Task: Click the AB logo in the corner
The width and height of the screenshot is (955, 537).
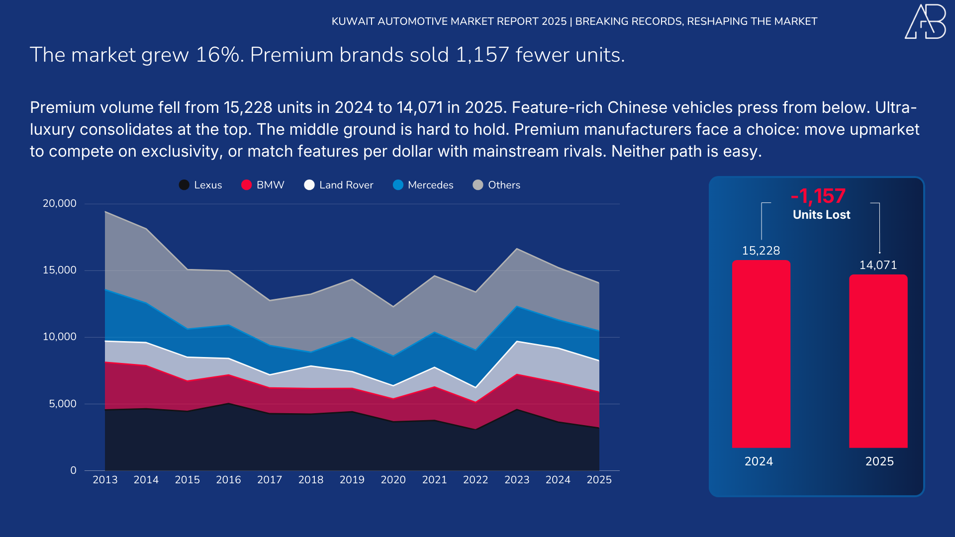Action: click(x=925, y=21)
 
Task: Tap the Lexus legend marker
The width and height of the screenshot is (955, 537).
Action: click(x=184, y=185)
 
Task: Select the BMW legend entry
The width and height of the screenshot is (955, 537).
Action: click(x=263, y=185)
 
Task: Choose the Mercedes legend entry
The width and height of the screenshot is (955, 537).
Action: click(x=423, y=185)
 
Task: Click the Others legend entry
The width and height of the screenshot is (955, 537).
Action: click(x=496, y=185)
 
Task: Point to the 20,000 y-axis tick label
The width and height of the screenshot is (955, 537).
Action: click(x=60, y=203)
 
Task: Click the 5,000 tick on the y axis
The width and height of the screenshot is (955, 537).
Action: click(x=63, y=404)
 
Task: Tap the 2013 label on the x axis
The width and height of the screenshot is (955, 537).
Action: click(x=105, y=480)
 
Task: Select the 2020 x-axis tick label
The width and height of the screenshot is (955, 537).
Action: click(x=393, y=480)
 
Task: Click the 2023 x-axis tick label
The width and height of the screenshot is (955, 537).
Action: click(x=517, y=480)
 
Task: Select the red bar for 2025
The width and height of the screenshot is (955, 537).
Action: click(x=878, y=361)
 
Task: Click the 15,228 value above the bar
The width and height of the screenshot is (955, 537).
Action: click(x=761, y=251)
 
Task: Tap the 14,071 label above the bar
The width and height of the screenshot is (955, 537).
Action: click(x=878, y=265)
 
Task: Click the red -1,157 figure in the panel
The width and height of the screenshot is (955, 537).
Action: click(x=818, y=196)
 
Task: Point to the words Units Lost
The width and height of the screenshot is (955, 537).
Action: click(x=821, y=215)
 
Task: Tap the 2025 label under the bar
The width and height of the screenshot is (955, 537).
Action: click(x=879, y=461)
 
